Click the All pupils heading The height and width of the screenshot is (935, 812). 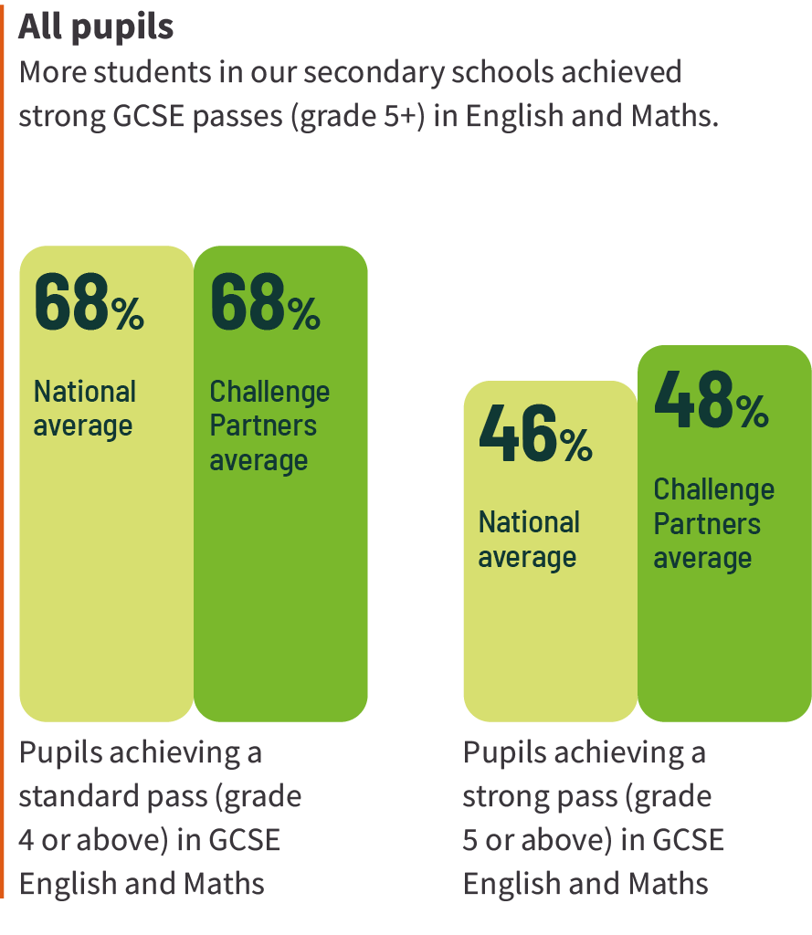(96, 27)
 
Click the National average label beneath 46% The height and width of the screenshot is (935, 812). (529, 540)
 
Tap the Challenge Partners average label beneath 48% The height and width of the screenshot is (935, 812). (713, 523)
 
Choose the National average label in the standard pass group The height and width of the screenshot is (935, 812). (84, 408)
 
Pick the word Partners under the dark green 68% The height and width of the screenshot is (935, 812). (263, 425)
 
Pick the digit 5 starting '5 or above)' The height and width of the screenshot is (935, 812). (470, 840)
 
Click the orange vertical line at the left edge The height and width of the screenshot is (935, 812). (2, 457)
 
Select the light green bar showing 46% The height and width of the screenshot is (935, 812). (550, 639)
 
